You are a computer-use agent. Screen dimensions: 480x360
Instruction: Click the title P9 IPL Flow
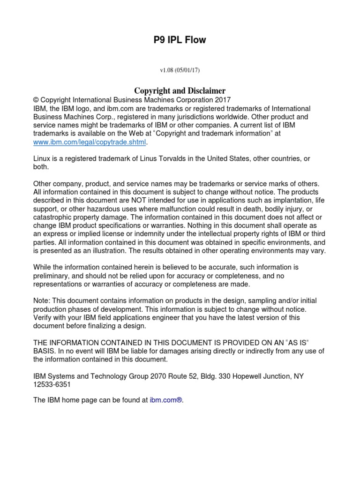180,40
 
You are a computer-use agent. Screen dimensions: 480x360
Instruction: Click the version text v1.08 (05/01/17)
180,70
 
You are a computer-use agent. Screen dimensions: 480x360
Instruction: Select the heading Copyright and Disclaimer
180,90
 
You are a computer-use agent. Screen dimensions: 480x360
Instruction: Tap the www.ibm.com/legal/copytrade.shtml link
90,142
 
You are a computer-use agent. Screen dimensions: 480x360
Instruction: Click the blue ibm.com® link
165,400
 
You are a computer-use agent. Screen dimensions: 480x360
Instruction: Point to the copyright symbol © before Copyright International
36,100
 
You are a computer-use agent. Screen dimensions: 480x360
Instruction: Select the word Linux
43,158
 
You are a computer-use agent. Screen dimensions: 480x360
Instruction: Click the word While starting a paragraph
43,267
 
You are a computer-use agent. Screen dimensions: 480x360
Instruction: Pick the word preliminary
52,276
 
